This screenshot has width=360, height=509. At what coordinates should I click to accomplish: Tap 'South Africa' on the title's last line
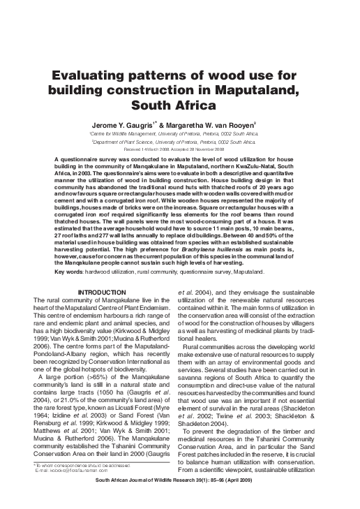point(179,107)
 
